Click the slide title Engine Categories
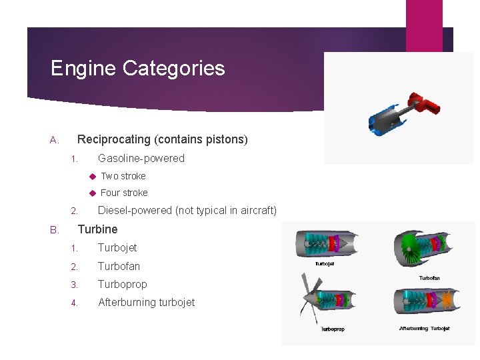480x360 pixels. [138, 68]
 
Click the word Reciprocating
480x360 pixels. [115, 139]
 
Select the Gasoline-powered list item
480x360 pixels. [141, 158]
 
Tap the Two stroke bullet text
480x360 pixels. [123, 176]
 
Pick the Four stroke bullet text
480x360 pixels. [124, 193]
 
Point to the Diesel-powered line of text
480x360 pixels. [187, 211]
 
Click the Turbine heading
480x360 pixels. [98, 229]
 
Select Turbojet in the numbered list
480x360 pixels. [117, 247]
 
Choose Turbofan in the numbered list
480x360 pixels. [119, 266]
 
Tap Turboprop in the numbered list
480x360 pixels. [123, 284]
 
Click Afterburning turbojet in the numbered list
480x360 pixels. [147, 302]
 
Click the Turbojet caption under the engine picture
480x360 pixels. [325, 263]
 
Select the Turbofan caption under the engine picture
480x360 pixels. [429, 277]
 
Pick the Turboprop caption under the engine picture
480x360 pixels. [333, 329]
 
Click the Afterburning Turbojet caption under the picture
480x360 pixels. [425, 328]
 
